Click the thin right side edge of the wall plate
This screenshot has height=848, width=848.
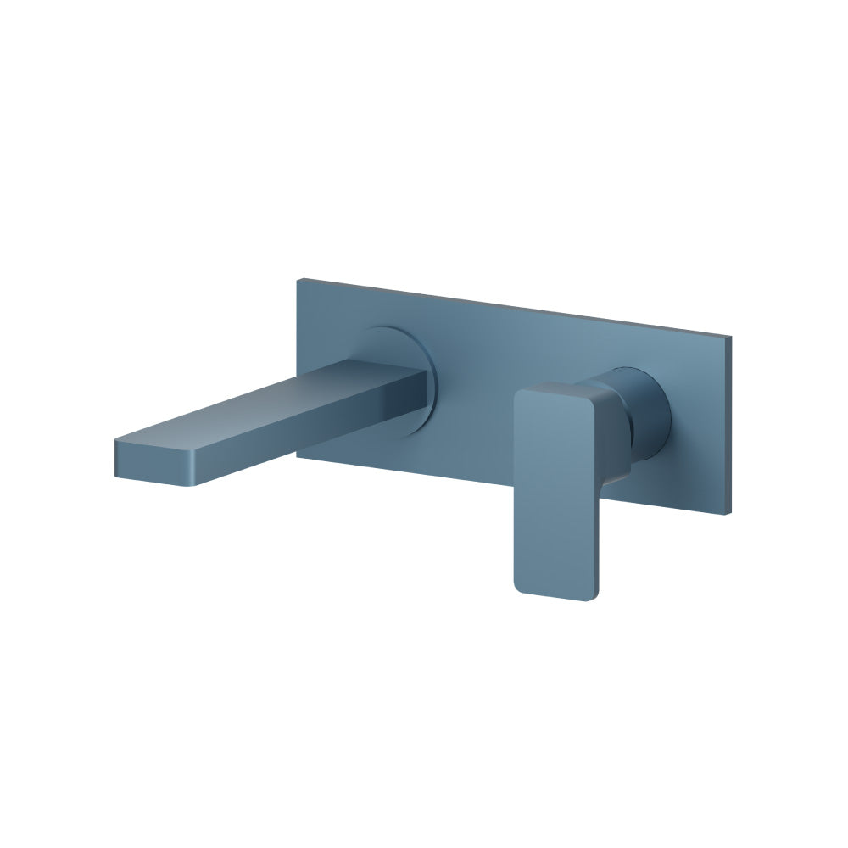pyautogui.click(x=729, y=424)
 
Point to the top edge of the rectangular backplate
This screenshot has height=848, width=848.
pyautogui.click(x=509, y=308)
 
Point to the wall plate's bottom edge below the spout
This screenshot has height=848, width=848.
pyautogui.click(x=382, y=469)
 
